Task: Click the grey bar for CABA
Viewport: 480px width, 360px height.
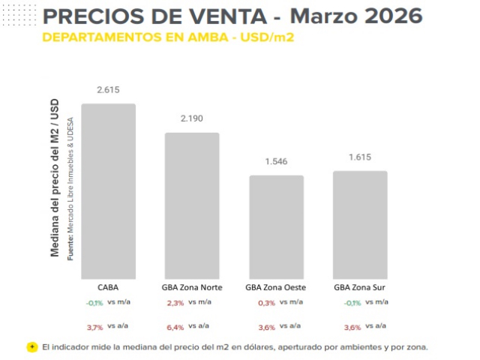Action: (108, 191)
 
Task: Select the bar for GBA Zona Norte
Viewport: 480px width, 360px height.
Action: (192, 205)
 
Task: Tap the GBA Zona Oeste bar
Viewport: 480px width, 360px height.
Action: (276, 227)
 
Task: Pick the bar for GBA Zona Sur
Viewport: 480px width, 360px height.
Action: (360, 225)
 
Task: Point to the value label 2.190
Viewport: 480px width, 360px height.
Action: (192, 118)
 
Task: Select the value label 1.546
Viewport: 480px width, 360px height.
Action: (276, 161)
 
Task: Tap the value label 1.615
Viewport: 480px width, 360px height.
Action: (360, 157)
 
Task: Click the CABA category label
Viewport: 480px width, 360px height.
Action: (108, 286)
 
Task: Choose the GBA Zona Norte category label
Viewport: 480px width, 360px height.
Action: (192, 286)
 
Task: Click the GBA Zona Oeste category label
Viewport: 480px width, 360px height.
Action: (276, 286)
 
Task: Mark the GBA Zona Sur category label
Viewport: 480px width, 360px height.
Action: (360, 286)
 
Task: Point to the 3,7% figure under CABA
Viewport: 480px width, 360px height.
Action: (94, 326)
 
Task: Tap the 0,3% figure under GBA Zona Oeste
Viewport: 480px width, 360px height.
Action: (266, 302)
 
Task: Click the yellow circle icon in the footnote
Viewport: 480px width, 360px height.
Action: (32, 347)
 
